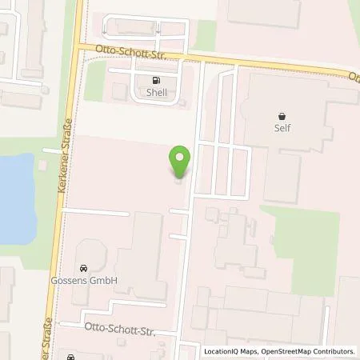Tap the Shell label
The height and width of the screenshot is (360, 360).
pos(155,92)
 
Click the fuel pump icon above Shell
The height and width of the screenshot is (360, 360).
pos(155,80)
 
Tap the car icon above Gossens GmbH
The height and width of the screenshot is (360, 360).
pos(82,268)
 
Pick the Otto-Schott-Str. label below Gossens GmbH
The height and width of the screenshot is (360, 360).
pos(115,328)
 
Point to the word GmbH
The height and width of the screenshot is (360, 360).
pos(106,280)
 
